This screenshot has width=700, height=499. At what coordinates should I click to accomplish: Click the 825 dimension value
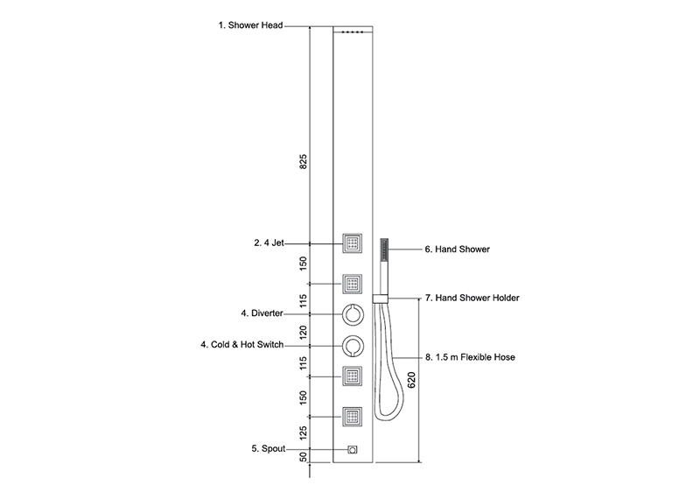coord(304,162)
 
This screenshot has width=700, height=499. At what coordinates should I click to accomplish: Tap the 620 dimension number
coord(411,380)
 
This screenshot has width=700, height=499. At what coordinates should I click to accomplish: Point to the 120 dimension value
coord(304,333)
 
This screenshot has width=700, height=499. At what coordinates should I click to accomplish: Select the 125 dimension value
coord(304,432)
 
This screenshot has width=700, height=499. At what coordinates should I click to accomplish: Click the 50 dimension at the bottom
coord(304,458)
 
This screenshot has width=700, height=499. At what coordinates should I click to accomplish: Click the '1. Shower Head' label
coord(250,25)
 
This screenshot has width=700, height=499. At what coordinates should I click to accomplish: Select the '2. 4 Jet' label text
coord(269,243)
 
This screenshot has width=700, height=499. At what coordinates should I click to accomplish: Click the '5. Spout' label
coord(268,448)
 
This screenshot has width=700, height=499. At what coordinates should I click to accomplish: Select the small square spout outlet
coord(353,449)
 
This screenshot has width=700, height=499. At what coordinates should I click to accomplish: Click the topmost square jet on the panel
coord(353,243)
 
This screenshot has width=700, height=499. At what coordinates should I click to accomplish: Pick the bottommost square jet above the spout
coord(353,417)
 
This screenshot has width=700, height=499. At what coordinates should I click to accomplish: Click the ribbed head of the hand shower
coord(384,250)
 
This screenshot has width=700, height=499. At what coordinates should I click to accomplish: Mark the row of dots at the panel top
coord(353,32)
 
